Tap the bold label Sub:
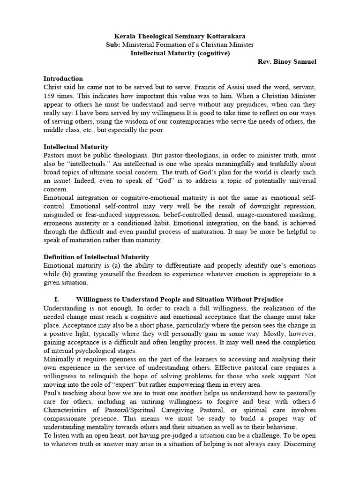tap(114, 45)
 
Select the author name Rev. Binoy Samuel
tap(287, 61)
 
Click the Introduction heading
tap(63, 79)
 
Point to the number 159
tap(50, 96)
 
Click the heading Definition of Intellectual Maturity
tap(96, 257)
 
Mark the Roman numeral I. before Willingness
tap(57, 300)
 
